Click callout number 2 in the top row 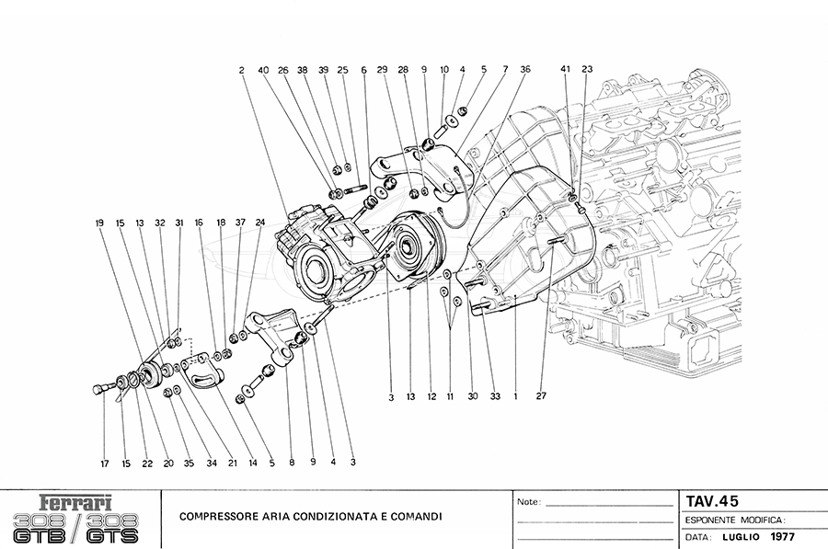[x=241, y=69]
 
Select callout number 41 [x=566, y=69]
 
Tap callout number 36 [x=525, y=69]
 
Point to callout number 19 [x=99, y=223]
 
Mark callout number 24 [x=260, y=223]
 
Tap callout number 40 [x=263, y=69]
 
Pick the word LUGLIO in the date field [x=741, y=536]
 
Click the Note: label [x=529, y=503]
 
